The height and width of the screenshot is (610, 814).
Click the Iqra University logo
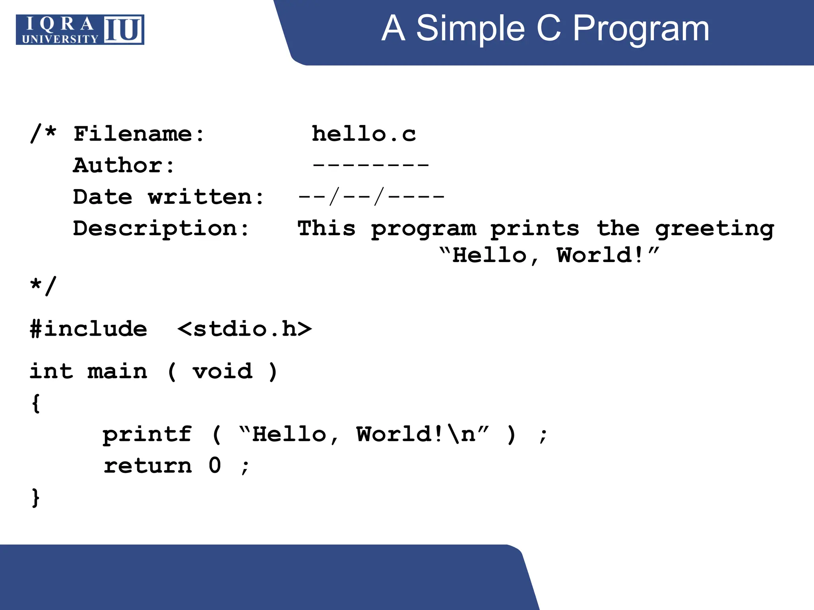tap(80, 30)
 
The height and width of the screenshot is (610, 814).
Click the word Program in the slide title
tap(641, 29)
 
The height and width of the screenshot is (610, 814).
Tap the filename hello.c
tap(364, 134)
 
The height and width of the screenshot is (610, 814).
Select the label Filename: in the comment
tap(139, 134)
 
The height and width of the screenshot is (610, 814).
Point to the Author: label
tap(124, 165)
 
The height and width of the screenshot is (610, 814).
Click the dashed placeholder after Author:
tap(370, 164)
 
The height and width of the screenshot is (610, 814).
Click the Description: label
tap(161, 229)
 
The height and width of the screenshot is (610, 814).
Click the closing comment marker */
tap(43, 286)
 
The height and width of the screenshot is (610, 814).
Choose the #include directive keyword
tap(89, 329)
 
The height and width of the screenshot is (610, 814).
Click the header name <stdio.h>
tap(244, 329)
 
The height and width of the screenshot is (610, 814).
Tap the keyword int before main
tap(51, 371)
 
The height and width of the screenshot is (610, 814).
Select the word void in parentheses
tap(222, 371)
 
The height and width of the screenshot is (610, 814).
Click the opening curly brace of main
tap(36, 403)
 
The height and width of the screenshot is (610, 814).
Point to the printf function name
tap(147, 434)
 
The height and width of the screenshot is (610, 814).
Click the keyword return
tap(147, 465)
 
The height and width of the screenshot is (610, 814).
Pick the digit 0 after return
tap(215, 465)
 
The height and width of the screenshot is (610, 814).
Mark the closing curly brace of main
tap(36, 497)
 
